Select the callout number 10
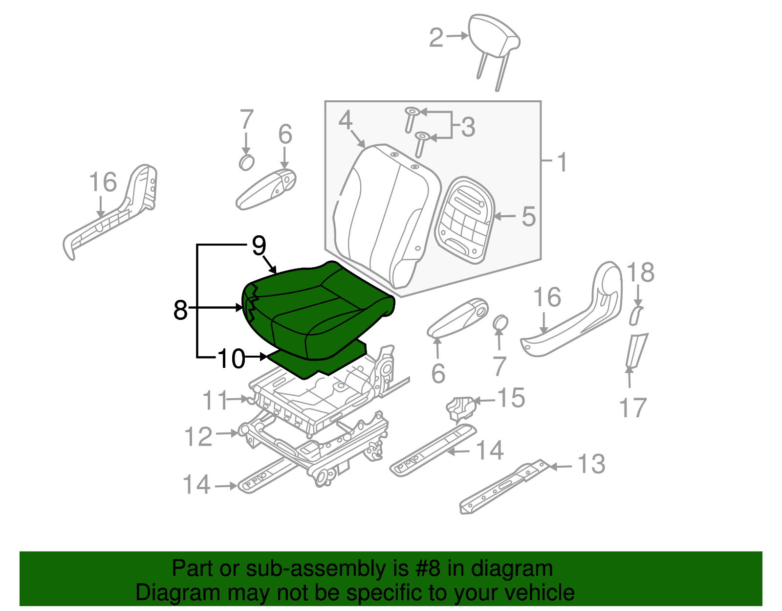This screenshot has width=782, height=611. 231,359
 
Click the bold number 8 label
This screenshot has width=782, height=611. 180,310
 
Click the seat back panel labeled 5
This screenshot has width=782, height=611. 464,220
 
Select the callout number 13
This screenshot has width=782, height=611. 591,464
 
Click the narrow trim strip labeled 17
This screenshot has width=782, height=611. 637,350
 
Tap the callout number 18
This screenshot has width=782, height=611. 640,272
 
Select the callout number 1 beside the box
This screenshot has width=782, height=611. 563,162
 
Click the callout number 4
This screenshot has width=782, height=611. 345,120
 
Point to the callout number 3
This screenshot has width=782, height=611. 468,127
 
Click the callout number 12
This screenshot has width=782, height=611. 198,436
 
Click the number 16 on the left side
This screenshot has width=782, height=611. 103,182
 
